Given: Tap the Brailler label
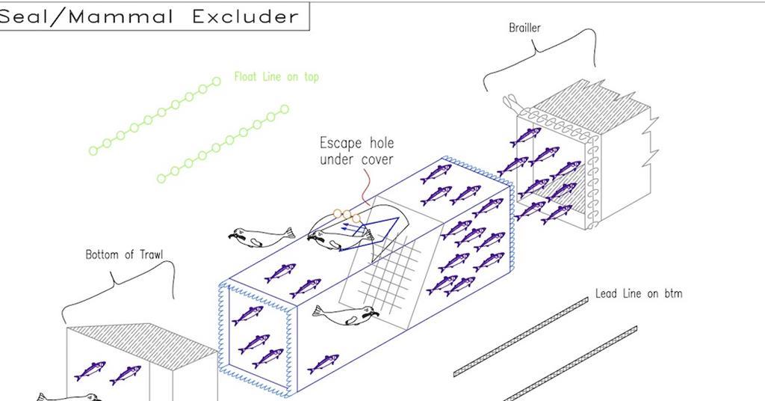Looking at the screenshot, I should [524, 28].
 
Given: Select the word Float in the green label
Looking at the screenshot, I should [246, 76].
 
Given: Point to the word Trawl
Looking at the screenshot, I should [150, 254].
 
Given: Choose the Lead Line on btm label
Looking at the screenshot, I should [638, 293].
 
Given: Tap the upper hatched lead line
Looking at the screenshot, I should [521, 336].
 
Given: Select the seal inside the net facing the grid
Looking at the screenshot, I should [345, 315].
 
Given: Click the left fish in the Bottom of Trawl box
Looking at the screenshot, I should [90, 371].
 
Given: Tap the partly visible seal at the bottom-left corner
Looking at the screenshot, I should [67, 397].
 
